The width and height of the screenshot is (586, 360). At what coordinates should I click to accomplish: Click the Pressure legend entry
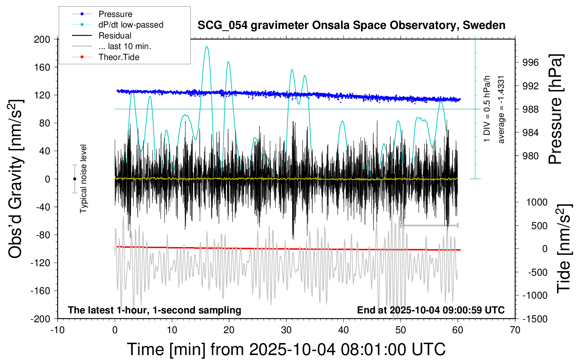(115, 14)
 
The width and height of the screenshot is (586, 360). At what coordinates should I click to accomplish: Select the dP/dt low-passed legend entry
(131, 25)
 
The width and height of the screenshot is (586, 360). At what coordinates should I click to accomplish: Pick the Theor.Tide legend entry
(119, 57)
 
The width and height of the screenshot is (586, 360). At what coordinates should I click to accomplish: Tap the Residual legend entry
(115, 36)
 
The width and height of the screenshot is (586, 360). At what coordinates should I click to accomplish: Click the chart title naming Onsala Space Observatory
(351, 25)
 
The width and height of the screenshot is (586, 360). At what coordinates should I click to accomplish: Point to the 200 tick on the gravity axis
(42, 39)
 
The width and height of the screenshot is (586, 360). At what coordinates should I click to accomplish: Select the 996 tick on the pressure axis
(531, 62)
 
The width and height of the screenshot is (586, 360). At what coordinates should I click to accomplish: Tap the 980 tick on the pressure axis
(531, 156)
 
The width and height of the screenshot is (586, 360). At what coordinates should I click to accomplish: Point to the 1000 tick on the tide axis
(537, 202)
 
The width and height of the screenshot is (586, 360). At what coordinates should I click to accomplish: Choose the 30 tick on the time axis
(286, 330)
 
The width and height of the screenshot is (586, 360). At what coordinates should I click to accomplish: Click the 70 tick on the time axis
(515, 330)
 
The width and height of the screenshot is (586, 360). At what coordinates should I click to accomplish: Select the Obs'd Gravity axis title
(16, 179)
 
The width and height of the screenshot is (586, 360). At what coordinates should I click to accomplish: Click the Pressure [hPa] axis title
(555, 109)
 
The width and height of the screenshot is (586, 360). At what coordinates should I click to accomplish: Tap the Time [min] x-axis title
(286, 349)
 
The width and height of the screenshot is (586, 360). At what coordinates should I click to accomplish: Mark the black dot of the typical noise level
(74, 179)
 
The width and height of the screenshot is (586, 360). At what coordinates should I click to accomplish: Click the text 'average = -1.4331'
(501, 109)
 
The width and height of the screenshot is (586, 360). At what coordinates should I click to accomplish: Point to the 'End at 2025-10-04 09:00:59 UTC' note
(431, 310)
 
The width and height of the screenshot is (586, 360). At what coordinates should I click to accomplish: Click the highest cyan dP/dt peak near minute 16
(207, 46)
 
